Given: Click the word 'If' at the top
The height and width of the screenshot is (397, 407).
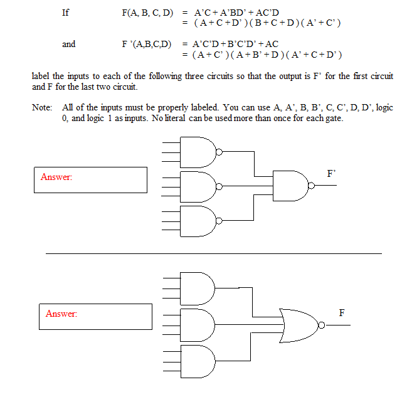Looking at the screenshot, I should coord(65,12).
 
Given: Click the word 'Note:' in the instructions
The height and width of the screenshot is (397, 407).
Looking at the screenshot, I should coord(42,107).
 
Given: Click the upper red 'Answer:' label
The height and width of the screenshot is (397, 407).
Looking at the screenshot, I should coord(56,177).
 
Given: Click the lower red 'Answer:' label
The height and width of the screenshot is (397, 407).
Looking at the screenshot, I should coord(61,313).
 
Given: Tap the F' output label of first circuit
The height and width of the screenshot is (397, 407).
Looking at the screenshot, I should coord(332,174).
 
